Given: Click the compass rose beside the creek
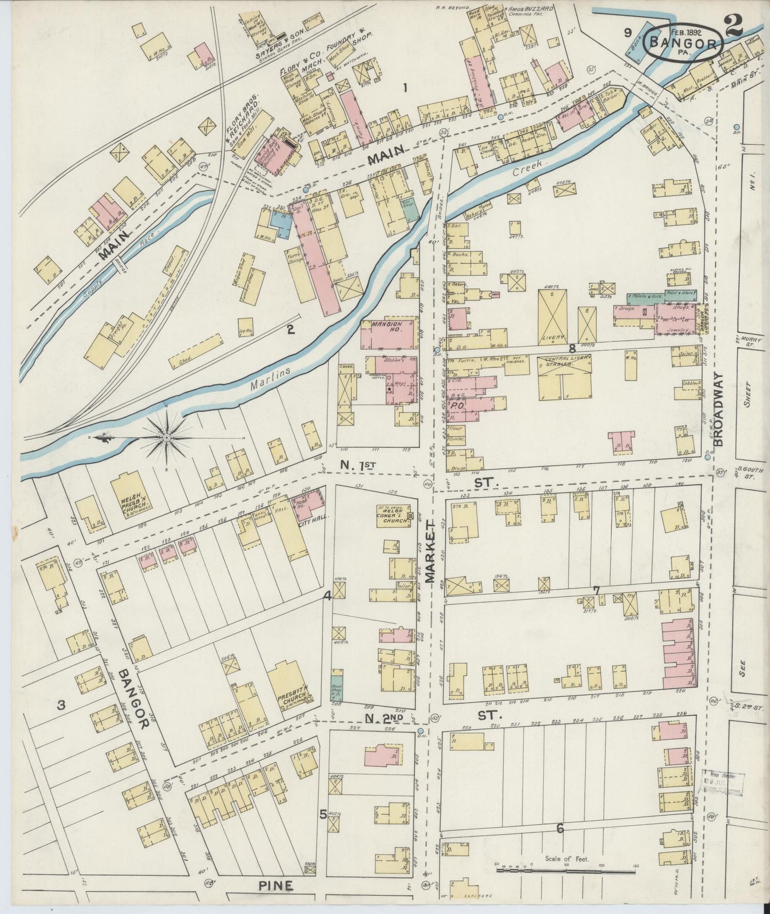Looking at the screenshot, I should tap(166, 437).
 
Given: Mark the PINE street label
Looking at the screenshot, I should tap(277, 886).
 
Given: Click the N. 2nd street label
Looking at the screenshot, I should tap(392, 717).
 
